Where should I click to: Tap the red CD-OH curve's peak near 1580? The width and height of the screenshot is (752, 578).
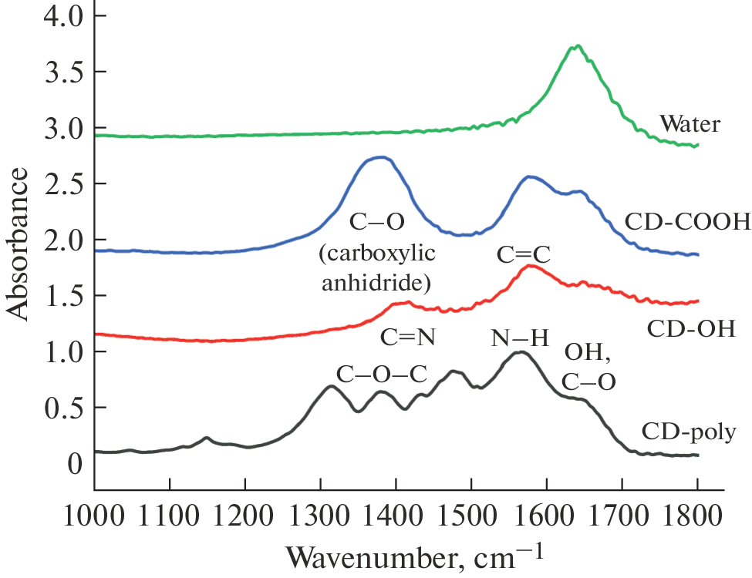point(529,266)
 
